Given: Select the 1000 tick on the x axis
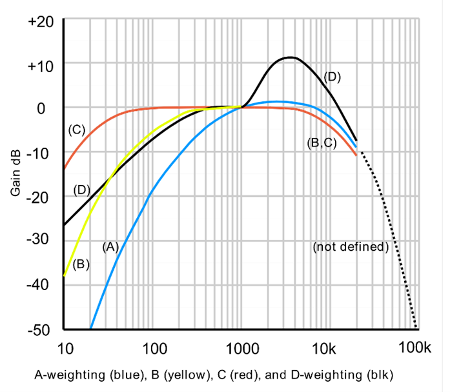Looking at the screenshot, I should pos(243,348).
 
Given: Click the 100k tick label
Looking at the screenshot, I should pos(416,348).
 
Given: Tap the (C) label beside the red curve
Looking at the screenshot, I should pos(77,130).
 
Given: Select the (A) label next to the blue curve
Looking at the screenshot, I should pos(110,246).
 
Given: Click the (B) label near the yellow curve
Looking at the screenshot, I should pos(81,263).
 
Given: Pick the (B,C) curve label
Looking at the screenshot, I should pos(322,143).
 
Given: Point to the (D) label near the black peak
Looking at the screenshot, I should pos(331,77).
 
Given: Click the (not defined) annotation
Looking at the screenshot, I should pos(350,247).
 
